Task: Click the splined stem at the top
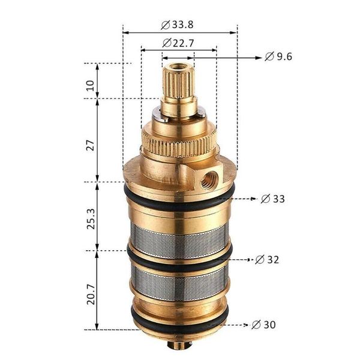(x=178, y=84)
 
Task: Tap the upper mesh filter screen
(x=179, y=238)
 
